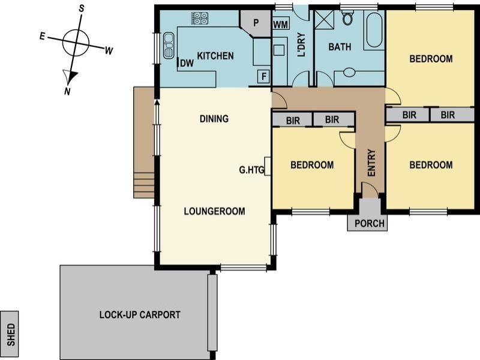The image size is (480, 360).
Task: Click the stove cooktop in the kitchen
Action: [x=200, y=18]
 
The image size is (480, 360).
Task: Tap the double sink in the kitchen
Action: [x=169, y=46]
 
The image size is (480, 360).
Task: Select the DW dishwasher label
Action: [x=187, y=63]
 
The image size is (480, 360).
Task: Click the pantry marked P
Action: [x=256, y=23]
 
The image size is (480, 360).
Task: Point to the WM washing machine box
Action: [x=280, y=25]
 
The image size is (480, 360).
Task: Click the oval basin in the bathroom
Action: [x=349, y=73]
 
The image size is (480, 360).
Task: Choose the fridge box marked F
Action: [x=263, y=76]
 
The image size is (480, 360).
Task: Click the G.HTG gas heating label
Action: [x=251, y=170]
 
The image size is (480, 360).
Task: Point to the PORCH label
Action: [x=369, y=223]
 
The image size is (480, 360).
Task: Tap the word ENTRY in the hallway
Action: [x=371, y=163]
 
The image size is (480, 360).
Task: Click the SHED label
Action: [x=11, y=335]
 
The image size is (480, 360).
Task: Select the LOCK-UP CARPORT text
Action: [x=140, y=314]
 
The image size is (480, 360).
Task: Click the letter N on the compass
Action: [x=67, y=91]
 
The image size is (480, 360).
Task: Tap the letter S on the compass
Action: [x=82, y=9]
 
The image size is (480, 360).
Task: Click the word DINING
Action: [x=214, y=119]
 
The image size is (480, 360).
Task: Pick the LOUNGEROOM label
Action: [x=214, y=211]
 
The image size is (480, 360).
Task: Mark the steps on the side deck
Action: [x=144, y=185]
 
